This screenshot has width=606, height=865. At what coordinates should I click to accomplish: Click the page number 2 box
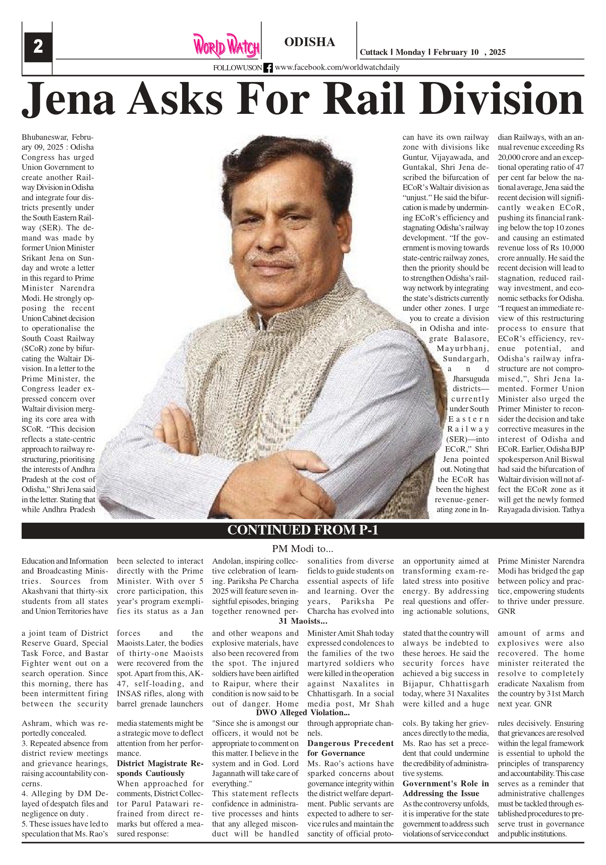38,47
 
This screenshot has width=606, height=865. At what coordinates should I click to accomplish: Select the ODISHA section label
310,42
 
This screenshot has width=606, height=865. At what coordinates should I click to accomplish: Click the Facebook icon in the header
268,68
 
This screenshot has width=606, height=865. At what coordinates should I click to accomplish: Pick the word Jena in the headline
68,99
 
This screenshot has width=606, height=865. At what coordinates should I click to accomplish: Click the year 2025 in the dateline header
498,52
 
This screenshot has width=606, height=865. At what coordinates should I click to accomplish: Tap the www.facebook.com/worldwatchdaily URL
337,67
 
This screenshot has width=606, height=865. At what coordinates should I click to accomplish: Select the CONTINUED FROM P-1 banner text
302,530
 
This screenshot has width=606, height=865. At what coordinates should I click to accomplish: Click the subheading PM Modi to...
302,548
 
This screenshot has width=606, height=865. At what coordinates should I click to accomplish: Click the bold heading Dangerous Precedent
350,743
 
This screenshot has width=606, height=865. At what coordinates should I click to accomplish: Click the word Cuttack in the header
373,52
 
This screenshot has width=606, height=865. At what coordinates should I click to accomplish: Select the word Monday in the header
410,52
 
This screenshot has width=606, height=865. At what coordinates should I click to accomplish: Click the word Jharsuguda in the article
471,379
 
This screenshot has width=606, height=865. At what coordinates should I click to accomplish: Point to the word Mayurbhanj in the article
463,348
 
